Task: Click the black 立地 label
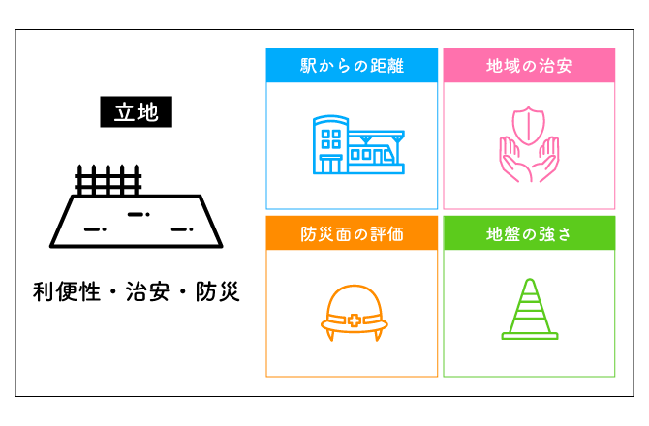pyautogui.click(x=137, y=111)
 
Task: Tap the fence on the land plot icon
pyautogui.click(x=108, y=180)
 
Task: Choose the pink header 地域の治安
pyautogui.click(x=529, y=66)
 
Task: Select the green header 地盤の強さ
pyautogui.click(x=529, y=234)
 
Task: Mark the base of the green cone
pyautogui.click(x=529, y=336)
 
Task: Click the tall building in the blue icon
pyautogui.click(x=328, y=145)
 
